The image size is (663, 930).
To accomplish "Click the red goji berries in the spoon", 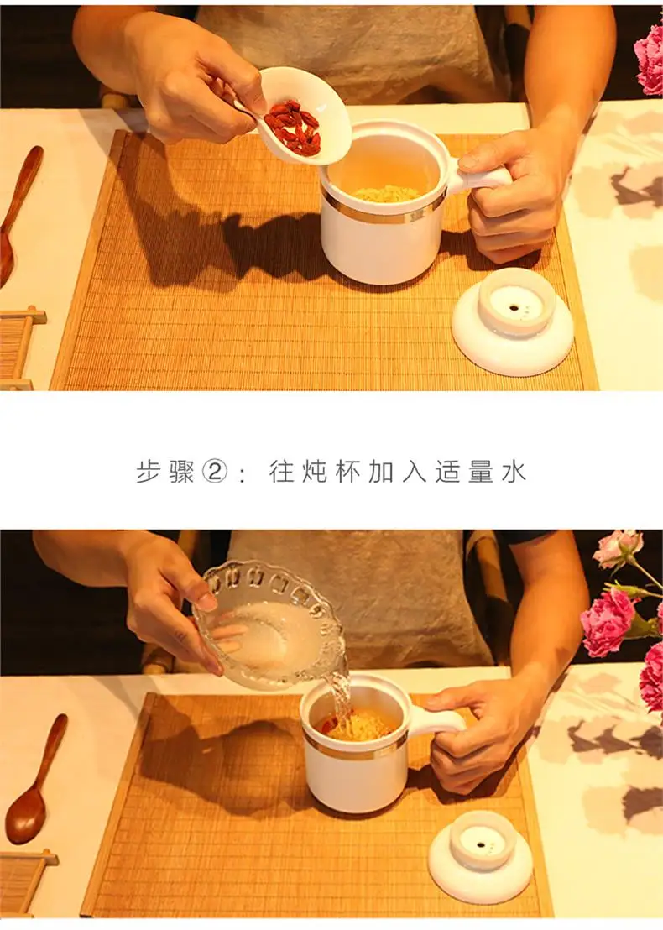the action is point(294,128).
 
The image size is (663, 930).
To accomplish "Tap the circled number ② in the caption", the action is point(215,473).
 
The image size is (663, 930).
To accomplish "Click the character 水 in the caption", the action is point(514,473).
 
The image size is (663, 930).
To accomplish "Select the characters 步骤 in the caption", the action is point(165,473).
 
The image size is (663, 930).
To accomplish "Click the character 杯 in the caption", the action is point(347,473).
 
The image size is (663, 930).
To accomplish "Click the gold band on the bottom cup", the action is point(355,750).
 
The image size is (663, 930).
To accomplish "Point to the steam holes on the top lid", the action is point(515,308).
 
